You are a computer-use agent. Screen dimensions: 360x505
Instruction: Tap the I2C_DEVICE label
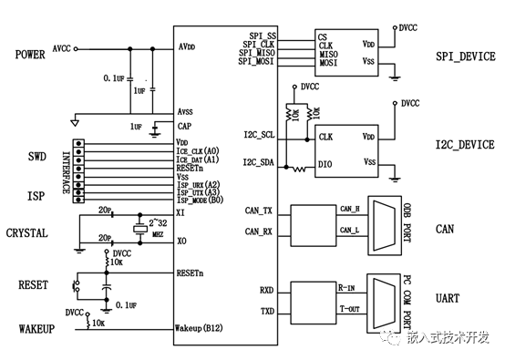464,145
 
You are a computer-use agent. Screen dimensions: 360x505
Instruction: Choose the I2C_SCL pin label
260,135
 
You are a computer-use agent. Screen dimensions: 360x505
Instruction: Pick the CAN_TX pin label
260,210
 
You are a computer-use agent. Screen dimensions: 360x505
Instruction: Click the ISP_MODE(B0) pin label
203,201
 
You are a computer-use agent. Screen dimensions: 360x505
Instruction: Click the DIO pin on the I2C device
326,165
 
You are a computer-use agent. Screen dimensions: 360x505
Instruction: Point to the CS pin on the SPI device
323,36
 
